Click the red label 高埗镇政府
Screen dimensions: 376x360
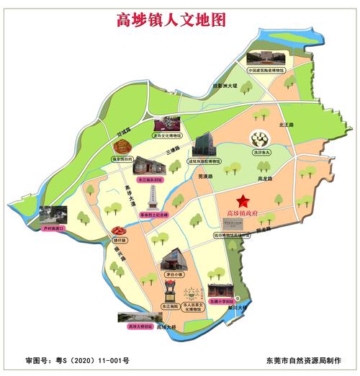[247, 213]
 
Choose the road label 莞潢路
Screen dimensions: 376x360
[204, 174]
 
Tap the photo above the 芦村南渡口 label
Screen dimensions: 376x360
[53, 215]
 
